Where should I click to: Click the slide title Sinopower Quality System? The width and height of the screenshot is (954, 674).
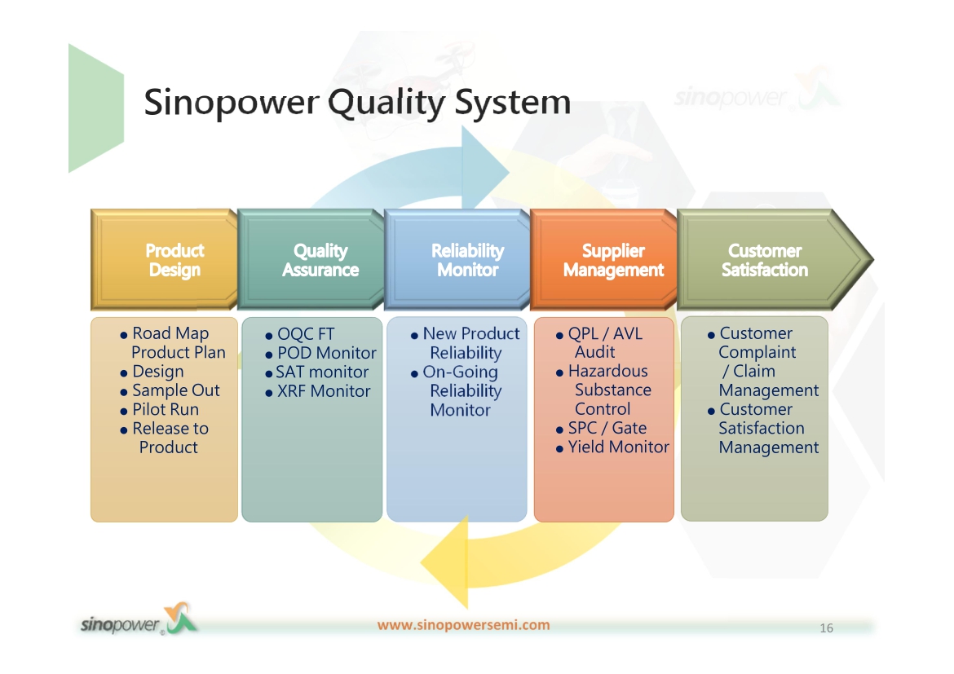357,102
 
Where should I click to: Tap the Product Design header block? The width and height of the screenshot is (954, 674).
164,260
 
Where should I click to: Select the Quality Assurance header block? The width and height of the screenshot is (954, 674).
311,260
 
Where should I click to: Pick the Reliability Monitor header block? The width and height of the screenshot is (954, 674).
457,260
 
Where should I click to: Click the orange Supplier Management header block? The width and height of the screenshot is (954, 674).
603,260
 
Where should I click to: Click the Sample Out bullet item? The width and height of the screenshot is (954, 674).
170,390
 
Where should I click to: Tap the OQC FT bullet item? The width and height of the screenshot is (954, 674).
300,334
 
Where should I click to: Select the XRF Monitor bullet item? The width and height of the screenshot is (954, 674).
318,391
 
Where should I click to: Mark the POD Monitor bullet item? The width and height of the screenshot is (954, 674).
320,353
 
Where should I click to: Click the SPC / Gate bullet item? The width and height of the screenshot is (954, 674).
601,428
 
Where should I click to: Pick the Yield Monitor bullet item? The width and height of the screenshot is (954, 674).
612,447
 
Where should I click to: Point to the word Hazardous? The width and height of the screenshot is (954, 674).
607,371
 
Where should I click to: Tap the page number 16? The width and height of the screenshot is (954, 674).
826,628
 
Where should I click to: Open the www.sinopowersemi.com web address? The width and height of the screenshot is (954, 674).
464,625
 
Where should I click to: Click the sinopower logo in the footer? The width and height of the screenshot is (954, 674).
139,620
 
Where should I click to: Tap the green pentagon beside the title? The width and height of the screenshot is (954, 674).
96,108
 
